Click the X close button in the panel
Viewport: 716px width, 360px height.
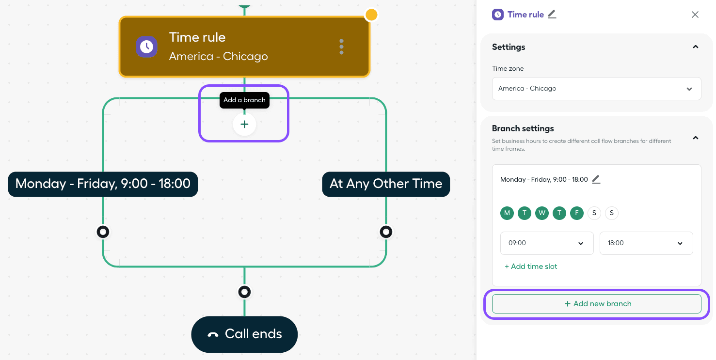695,15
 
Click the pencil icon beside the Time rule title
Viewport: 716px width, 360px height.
552,15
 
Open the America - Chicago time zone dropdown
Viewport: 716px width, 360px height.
596,89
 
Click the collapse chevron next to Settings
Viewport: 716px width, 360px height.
695,47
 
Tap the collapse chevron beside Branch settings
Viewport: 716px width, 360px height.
695,138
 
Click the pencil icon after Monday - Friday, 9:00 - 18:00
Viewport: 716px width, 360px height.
596,179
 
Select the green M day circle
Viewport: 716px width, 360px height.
507,213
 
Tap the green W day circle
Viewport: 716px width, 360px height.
542,213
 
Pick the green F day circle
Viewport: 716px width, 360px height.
577,213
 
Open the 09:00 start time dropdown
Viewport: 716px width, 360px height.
547,243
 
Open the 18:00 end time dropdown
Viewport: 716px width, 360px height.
646,243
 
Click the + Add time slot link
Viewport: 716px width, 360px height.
531,266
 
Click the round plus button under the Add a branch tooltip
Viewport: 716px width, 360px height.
244,125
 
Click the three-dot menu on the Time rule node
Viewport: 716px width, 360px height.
341,47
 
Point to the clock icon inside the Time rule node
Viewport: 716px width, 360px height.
146,47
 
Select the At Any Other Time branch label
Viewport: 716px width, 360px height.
386,184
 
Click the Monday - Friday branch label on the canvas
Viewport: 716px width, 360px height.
103,184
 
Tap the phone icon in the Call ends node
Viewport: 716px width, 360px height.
213,335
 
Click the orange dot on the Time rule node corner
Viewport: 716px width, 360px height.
371,15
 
